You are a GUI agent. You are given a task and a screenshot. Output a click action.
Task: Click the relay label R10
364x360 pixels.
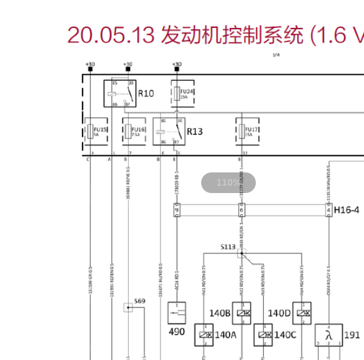[146, 93]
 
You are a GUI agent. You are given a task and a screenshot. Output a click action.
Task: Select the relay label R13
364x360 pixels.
[194, 131]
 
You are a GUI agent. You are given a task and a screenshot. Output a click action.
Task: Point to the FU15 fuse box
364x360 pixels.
[96, 131]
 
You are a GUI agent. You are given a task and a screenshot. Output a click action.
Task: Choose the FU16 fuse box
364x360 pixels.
[134, 131]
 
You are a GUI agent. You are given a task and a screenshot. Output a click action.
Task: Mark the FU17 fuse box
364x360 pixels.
[248, 131]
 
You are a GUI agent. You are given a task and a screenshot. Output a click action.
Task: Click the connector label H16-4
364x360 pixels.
[346, 210]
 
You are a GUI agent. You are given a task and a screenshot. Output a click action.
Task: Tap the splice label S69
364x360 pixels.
[140, 301]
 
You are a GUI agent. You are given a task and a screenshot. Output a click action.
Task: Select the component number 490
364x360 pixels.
[176, 331]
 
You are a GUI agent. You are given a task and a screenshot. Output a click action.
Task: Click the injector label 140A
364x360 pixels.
[225, 335]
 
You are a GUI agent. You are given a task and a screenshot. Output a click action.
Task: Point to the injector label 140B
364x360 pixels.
[219, 313]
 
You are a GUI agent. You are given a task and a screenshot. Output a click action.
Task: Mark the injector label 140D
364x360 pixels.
[279, 313]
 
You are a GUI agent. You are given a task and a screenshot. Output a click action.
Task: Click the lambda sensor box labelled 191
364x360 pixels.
[329, 335]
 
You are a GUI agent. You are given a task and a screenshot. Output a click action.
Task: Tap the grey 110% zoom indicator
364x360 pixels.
[228, 183]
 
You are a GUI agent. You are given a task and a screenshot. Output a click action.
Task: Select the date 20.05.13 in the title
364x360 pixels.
[111, 35]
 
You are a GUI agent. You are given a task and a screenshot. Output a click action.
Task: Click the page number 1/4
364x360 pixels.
[276, 55]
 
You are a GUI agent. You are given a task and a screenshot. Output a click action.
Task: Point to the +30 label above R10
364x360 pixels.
[128, 64]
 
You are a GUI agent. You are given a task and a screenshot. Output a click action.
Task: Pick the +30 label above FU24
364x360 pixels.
[177, 64]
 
